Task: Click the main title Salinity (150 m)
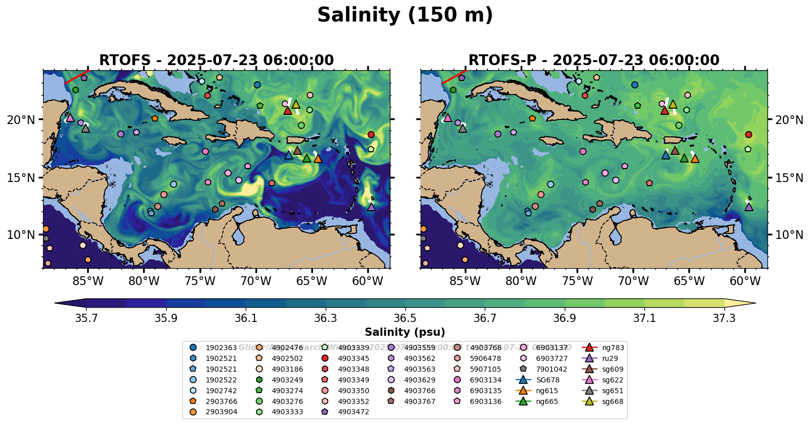(405, 15)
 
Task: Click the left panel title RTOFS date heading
(216, 60)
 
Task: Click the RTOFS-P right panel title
(594, 60)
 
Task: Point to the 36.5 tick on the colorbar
(405, 318)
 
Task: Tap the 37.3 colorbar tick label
(724, 318)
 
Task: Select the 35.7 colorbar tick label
(86, 318)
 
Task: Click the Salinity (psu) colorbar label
(405, 332)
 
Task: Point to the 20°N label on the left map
(21, 120)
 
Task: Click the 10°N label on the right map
(789, 235)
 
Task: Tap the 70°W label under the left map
(255, 281)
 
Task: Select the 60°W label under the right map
(745, 281)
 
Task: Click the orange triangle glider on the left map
(318, 158)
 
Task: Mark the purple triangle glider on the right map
(748, 207)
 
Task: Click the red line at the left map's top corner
(76, 76)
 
